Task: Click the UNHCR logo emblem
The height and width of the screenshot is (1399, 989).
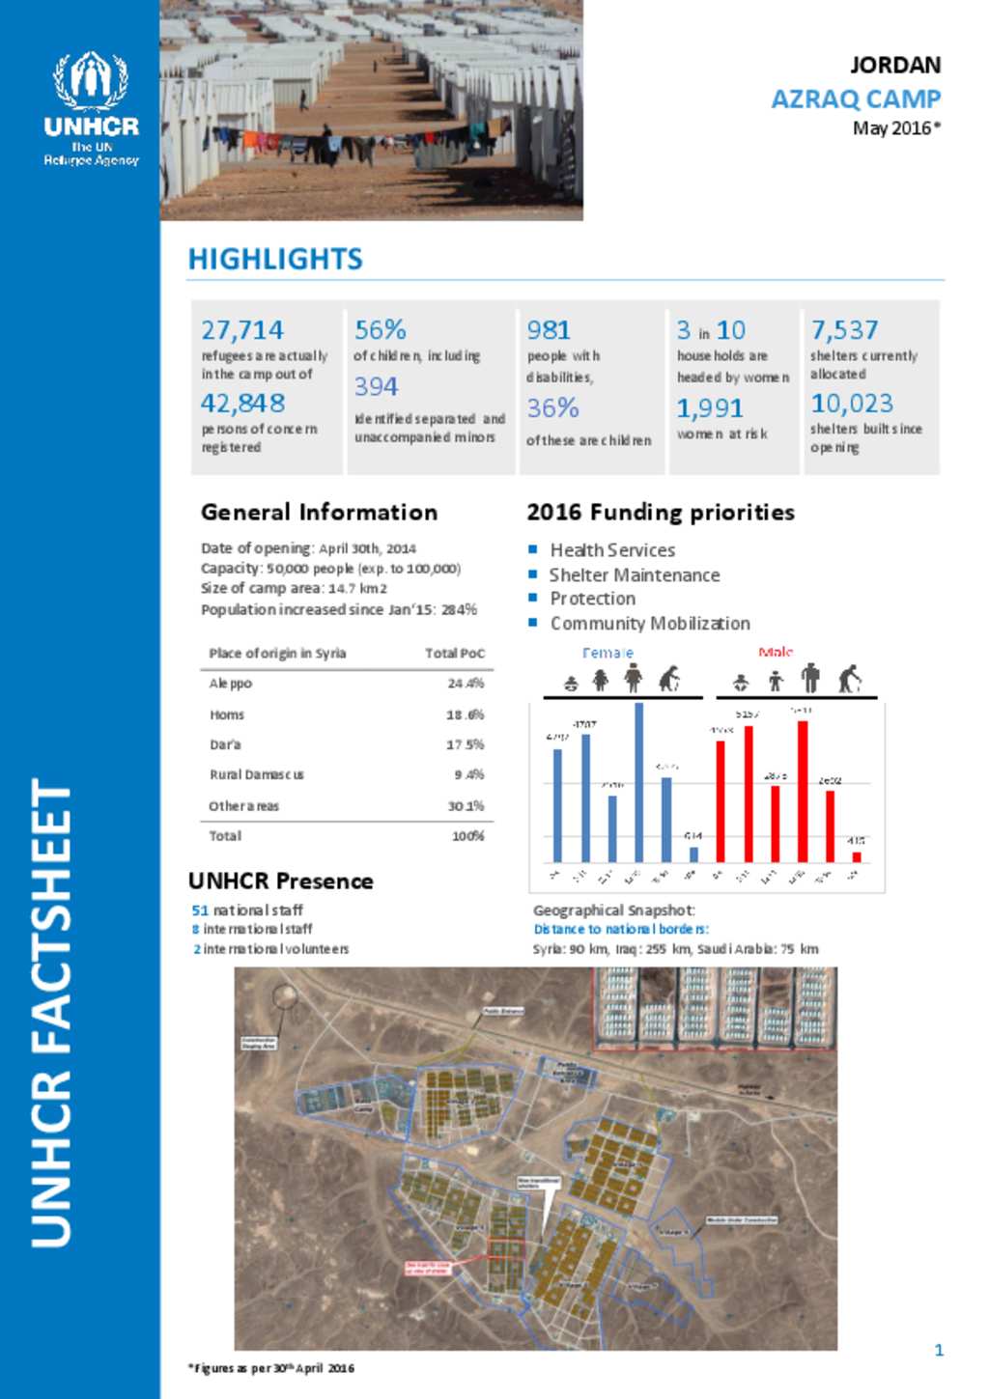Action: [91, 81]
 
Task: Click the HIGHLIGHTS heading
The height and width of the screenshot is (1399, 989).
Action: [275, 259]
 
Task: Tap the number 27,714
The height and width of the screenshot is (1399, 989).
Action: [242, 330]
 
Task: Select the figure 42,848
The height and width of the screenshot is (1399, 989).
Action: [243, 403]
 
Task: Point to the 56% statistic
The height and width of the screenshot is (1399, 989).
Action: [381, 330]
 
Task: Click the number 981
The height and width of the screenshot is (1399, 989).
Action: [549, 330]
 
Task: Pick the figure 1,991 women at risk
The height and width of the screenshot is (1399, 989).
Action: [710, 408]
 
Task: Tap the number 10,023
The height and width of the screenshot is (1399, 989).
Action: [852, 403]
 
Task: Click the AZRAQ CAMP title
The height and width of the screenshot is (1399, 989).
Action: [856, 98]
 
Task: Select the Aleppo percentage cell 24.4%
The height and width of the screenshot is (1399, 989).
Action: [466, 684]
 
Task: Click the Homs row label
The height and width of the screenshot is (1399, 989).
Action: [227, 715]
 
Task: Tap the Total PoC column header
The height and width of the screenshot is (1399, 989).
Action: [455, 654]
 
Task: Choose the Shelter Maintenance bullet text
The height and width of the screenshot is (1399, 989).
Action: [635, 574]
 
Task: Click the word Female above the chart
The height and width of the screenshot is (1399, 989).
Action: [608, 654]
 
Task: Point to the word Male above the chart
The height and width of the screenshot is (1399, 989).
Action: [776, 653]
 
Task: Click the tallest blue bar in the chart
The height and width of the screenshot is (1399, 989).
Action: [638, 782]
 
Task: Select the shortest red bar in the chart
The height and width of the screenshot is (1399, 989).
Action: [856, 856]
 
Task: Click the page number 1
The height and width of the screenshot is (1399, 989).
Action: [939, 1350]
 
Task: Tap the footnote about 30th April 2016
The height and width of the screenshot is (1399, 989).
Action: [271, 1368]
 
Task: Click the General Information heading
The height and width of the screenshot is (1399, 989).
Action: [319, 513]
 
